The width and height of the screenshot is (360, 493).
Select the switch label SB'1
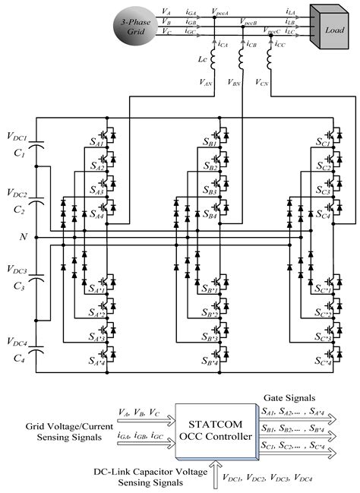click(208, 291)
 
